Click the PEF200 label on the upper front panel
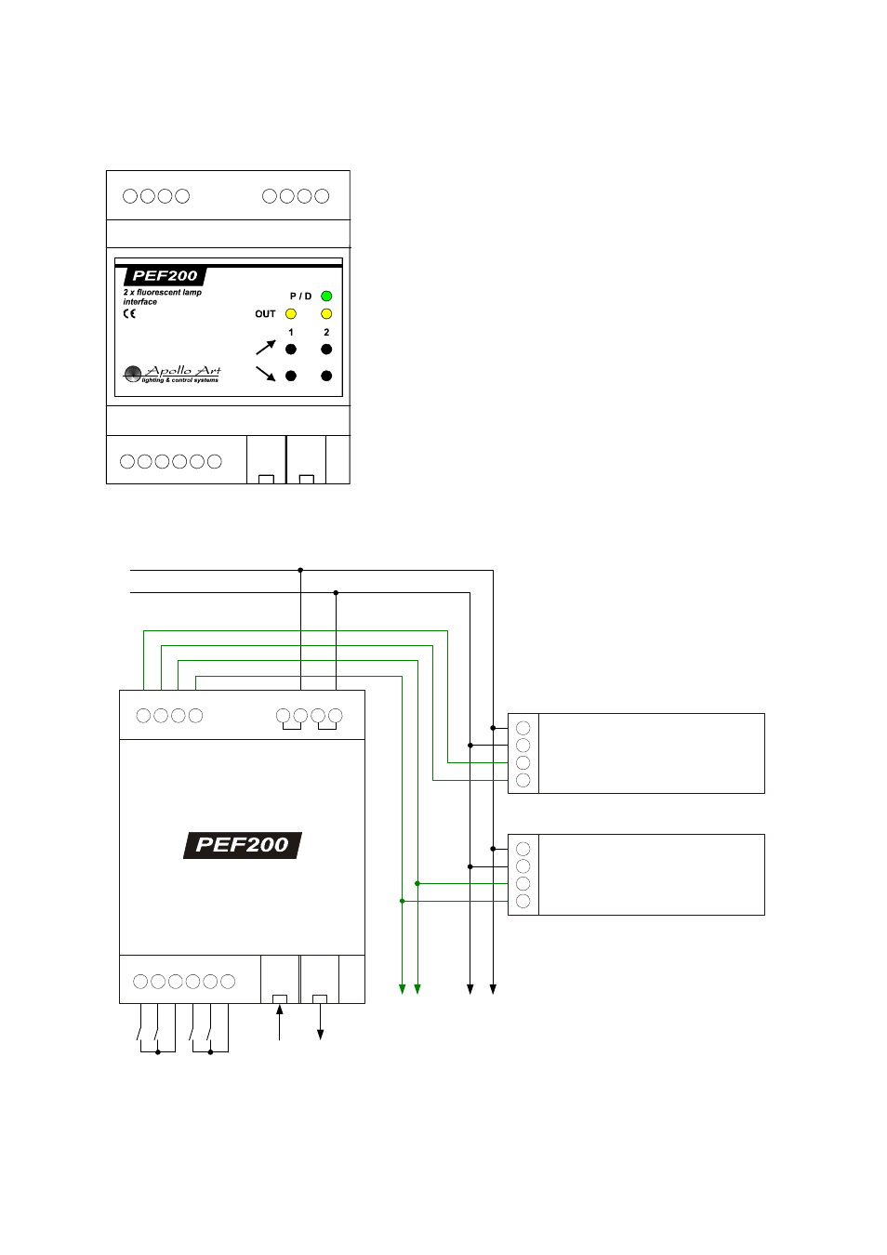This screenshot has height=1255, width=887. coord(165,276)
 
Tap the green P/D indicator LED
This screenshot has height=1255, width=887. coord(326,297)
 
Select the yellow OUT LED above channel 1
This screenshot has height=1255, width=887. coord(291,314)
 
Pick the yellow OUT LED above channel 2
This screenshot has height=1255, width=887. coord(326,314)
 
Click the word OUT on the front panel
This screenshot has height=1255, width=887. coord(265,314)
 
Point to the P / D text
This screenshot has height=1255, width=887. coord(300,297)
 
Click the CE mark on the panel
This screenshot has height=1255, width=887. coord(129,314)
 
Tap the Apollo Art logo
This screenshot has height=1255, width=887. coord(173,374)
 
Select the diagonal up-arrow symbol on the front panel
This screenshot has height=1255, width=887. coord(266,348)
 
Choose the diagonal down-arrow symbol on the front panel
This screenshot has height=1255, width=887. coord(266,374)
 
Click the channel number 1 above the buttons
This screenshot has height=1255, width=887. coord(291,332)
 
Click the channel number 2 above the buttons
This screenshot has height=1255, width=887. coord(326,332)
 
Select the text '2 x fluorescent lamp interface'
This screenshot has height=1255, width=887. coord(162,297)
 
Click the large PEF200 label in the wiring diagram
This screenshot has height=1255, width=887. coord(242,845)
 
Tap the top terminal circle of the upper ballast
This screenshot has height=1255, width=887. coord(523,728)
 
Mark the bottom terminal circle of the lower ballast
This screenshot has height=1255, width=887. coord(523,902)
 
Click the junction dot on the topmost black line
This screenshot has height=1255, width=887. coord(300,570)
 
